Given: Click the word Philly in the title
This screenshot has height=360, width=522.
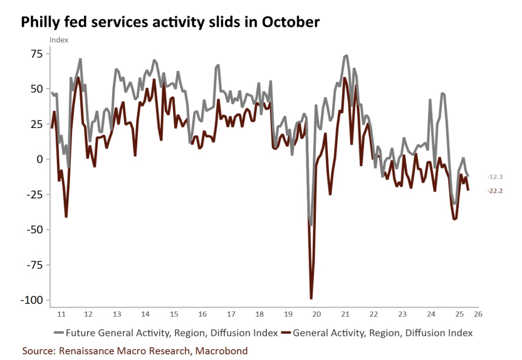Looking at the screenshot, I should pyautogui.click(x=43, y=23).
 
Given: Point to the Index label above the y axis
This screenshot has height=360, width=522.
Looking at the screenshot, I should pyautogui.click(x=59, y=40).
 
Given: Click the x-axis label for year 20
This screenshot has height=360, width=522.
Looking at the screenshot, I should pyautogui.click(x=316, y=313).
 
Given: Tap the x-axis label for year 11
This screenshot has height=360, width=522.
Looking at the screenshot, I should pyautogui.click(x=60, y=313).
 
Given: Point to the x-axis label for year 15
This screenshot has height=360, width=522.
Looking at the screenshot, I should pyautogui.click(x=174, y=313).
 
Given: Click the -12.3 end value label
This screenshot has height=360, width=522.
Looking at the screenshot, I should pyautogui.click(x=494, y=177).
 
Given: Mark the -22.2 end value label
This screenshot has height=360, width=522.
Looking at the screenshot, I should pyautogui.click(x=494, y=191).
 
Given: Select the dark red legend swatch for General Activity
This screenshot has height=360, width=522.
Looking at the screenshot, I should pyautogui.click(x=287, y=332).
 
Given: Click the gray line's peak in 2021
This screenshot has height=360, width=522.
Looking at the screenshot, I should pyautogui.click(x=346, y=56).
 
